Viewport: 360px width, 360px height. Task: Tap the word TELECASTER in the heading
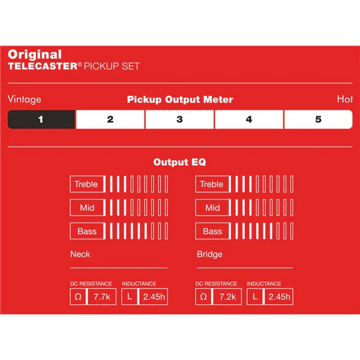point(43,67)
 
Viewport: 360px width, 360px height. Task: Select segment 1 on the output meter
point(41,119)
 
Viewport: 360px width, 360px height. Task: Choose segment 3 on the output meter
point(180,119)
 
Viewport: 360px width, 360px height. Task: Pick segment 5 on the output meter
point(318,119)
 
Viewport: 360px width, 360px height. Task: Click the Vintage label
point(25,100)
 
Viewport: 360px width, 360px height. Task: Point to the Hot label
point(345,99)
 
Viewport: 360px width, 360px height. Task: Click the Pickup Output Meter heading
point(180,100)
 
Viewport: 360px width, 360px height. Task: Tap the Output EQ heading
point(180,162)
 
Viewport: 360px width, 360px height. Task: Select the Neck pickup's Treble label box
point(87,184)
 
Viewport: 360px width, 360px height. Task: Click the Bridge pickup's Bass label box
point(212,231)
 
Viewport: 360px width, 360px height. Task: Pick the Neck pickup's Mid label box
point(87,208)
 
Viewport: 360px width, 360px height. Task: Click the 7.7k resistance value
point(102,297)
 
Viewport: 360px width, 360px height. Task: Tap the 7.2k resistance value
point(227,297)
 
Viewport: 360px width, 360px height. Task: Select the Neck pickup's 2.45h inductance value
point(154,297)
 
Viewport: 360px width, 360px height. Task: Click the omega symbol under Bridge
point(203,297)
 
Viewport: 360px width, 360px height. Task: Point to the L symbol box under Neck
point(130,297)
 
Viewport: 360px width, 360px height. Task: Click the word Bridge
point(209,254)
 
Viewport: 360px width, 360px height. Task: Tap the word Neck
point(80,254)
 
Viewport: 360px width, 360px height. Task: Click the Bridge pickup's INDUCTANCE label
point(264,284)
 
